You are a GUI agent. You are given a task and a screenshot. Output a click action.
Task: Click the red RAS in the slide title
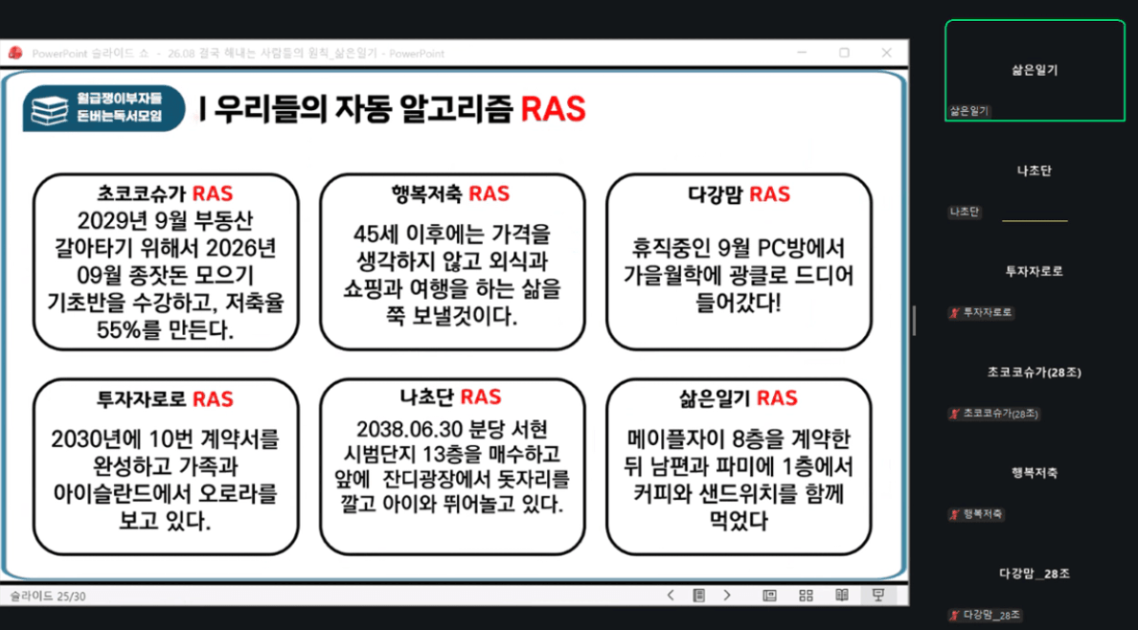(x=553, y=109)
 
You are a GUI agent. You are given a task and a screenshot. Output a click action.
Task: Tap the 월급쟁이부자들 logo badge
(x=103, y=109)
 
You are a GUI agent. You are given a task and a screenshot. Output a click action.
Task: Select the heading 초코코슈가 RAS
(x=166, y=193)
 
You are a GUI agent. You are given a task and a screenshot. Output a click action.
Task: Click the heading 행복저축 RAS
(x=451, y=193)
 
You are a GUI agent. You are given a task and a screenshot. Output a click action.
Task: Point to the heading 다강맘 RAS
(x=739, y=193)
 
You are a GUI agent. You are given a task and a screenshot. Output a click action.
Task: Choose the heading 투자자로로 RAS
(x=166, y=398)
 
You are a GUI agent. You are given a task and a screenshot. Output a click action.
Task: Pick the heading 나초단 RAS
(x=451, y=397)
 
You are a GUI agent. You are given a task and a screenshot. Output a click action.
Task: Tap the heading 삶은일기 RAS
(x=739, y=397)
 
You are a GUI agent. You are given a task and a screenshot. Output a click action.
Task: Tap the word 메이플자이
(x=677, y=440)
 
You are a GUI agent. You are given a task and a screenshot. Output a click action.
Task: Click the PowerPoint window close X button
(x=886, y=53)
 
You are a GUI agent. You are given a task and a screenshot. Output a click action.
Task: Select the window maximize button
(x=844, y=53)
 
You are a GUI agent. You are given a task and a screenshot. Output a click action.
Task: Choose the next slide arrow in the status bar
(x=726, y=596)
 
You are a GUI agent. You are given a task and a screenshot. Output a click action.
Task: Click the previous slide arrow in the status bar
(x=671, y=596)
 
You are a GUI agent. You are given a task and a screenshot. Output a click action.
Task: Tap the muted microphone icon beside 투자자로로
(x=954, y=313)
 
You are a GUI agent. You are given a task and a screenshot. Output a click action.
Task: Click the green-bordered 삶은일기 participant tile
(x=1035, y=71)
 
